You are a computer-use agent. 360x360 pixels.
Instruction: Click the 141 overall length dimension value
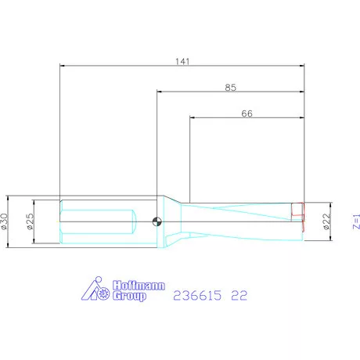point(182,62)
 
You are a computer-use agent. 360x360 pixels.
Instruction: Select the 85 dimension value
point(231,88)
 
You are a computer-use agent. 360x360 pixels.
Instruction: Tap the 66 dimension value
point(247,113)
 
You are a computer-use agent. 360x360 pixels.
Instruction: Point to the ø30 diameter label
point(5,221)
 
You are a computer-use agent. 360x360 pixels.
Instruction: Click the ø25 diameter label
point(31,221)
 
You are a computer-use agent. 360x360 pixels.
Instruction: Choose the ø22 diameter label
point(326,221)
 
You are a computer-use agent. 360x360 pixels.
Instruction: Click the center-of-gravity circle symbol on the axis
point(157,221)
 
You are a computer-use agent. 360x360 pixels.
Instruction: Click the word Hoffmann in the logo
point(139,286)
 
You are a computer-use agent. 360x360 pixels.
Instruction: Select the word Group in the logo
point(129,296)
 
